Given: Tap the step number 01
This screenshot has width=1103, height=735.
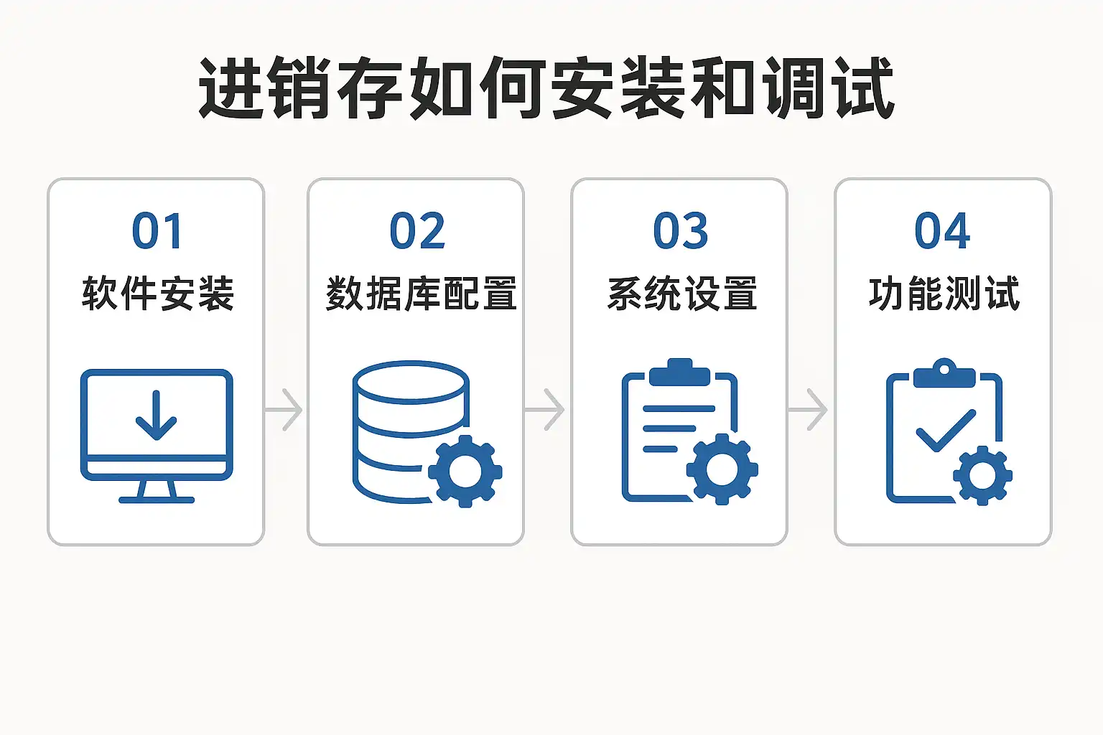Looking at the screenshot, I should pos(157,231).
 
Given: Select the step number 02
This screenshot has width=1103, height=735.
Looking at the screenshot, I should pos(416,231).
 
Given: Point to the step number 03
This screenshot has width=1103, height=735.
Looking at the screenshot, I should pos(680,231).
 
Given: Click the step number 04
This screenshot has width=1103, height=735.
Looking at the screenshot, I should pos(942,231).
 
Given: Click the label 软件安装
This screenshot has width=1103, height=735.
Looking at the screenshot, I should pos(158,294).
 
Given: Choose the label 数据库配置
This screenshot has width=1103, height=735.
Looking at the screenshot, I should pos(421,294).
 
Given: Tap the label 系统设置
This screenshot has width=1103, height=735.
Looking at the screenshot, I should pos(682,294).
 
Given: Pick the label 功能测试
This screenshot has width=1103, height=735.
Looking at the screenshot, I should pos(944,294).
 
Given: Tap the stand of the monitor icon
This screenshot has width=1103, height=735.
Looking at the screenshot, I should pos(157,492).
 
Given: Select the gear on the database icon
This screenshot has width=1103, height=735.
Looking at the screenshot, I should pos(465,471).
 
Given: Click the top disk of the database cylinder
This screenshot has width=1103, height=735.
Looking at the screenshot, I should pos(411,380).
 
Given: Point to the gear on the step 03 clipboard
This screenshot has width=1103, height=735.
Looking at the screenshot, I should pos(722,469).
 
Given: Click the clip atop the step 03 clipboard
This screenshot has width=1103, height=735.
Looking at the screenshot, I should pos(679,372).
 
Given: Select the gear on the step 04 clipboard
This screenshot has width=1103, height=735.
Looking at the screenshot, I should pos(982,474).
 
